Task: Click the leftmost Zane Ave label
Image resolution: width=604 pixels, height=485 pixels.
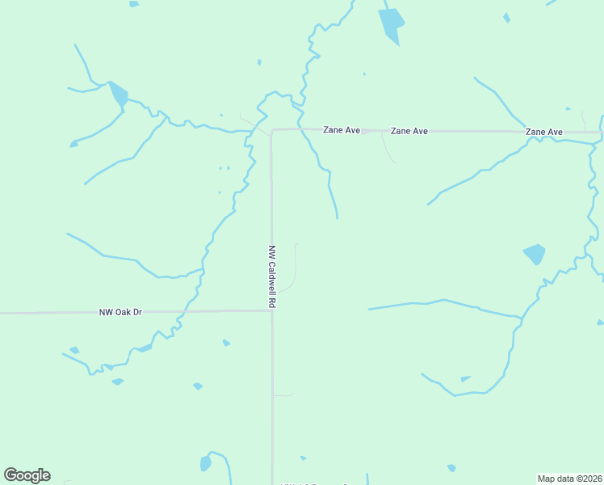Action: coord(341,129)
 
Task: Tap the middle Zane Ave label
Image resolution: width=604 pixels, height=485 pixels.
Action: coord(409,130)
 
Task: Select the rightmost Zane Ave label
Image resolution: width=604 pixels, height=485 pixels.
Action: coord(543,131)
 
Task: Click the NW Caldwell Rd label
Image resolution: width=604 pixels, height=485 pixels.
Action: coord(273,276)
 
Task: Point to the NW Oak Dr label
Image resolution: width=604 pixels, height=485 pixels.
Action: coord(120,311)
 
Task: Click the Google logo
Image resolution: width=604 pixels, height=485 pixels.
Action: coord(27,475)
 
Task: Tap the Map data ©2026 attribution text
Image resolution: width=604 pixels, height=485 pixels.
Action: coord(569,479)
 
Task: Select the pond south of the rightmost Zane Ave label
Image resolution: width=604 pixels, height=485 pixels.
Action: coord(534,254)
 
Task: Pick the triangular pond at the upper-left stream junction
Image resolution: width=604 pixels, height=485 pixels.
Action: coord(118,94)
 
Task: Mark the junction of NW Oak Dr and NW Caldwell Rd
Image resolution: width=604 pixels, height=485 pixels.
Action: coord(272,310)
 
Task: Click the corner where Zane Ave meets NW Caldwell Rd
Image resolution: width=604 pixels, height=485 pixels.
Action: coord(272,130)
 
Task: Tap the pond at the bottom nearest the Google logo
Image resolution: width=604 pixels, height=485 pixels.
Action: coord(205,463)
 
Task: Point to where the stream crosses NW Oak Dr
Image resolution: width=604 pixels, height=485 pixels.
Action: coord(187,310)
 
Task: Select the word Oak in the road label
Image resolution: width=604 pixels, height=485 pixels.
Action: coord(124,311)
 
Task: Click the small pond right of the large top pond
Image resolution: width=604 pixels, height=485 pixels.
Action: coord(506,17)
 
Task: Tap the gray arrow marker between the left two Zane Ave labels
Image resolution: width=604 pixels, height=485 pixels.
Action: coord(366,131)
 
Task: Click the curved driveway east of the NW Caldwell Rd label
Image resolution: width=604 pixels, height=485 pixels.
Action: coord(296,267)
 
